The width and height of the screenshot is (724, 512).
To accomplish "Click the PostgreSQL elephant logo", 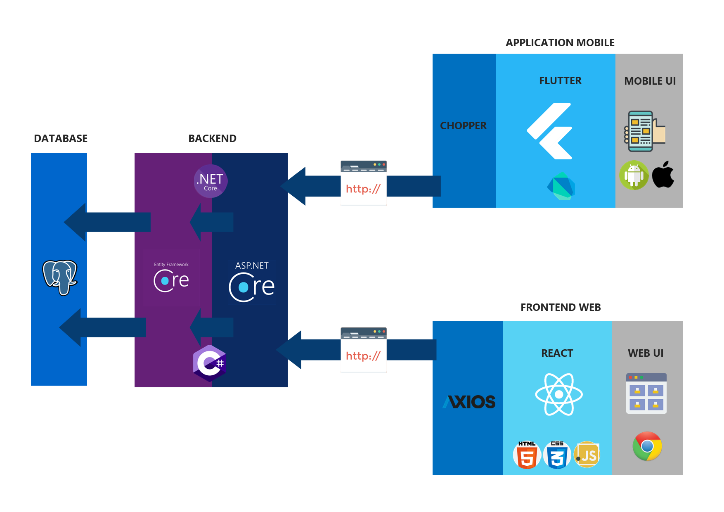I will tap(60, 277).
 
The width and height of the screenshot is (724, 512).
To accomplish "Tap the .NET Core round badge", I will tap(211, 181).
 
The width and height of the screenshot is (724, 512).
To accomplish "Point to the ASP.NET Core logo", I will tap(252, 282).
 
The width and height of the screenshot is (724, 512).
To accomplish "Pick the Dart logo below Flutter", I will tap(561, 186).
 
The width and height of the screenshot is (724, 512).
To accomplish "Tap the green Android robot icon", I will tap(634, 175).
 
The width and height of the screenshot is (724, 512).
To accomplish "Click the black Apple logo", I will tap(663, 175).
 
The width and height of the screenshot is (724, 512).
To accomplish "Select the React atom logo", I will tap(559, 394).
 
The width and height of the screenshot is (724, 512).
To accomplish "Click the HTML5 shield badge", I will tap(527, 455).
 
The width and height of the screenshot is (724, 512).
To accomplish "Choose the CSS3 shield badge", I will tap(557, 455).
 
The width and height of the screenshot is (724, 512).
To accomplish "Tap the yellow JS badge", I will tap(587, 455).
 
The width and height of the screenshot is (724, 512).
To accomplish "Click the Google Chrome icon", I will tap(647, 446).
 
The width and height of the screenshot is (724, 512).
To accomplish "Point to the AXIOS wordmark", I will tap(469, 402).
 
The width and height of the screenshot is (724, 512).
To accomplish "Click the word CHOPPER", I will tap(464, 126).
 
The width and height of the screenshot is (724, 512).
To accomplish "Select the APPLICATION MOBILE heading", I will tap(560, 43).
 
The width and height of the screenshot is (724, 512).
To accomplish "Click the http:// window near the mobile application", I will tap(364, 183).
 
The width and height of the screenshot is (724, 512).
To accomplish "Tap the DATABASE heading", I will tap(61, 138).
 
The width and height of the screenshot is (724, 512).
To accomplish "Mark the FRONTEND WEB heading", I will tap(561, 307).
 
